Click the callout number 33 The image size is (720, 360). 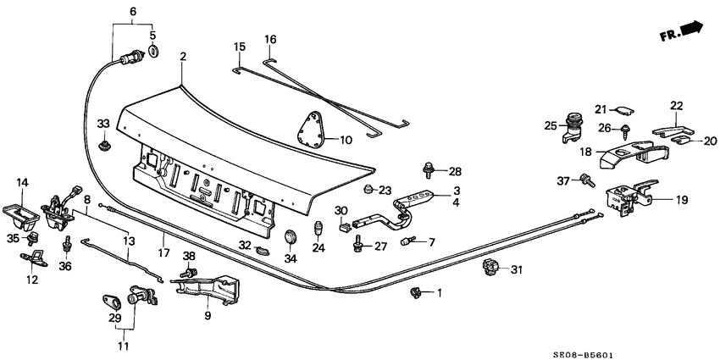[x=103, y=124]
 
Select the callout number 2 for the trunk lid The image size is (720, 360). [x=182, y=57]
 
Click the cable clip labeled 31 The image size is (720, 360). [x=490, y=269]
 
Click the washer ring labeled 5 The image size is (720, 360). [x=153, y=54]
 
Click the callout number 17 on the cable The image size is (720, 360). [x=162, y=252]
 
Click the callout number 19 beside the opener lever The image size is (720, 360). [x=682, y=201]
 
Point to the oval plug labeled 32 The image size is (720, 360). [x=263, y=251]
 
